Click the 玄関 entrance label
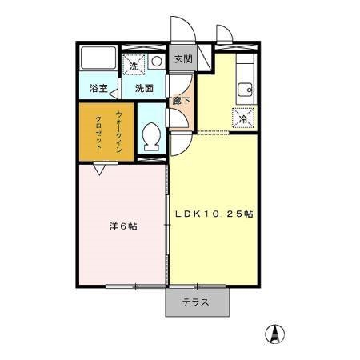tap(183, 60)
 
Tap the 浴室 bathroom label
tap(98, 88)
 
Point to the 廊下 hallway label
tap(182, 101)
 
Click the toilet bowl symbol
tap(150, 138)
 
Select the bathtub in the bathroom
tap(99, 59)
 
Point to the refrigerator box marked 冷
tap(243, 118)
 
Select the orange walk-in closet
tap(107, 132)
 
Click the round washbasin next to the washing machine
tap(156, 59)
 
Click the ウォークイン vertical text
tap(119, 131)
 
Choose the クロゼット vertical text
tap(98, 132)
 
